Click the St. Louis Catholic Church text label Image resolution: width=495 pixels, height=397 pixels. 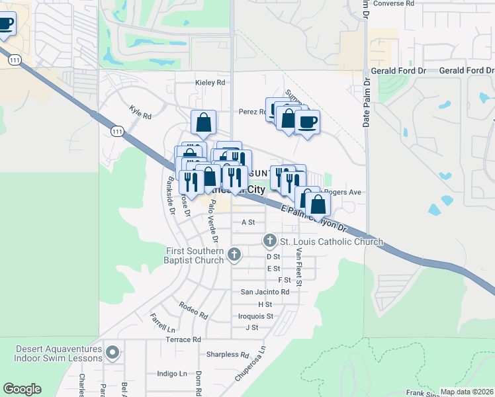tap(331, 242)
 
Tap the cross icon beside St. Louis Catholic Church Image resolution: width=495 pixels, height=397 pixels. tap(270, 240)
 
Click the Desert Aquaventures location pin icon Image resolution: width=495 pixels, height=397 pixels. tap(112, 353)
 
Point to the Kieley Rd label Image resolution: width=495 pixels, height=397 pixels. tap(210, 83)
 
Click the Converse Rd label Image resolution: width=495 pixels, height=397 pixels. tap(393, 3)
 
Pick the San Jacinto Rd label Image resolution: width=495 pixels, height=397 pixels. tap(265, 292)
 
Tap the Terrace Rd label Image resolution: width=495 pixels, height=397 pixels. tap(183, 339)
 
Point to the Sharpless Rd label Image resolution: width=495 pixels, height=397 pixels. tap(227, 355)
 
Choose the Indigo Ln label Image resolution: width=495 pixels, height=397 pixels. tap(171, 374)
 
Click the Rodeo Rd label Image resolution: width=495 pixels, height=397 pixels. tap(193, 306)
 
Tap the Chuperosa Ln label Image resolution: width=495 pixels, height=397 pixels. tap(250, 363)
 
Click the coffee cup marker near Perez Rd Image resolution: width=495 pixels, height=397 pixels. tap(306, 122)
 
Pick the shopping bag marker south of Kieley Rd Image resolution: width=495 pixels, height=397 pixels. tap(203, 122)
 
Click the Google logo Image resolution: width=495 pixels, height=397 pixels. tap(22, 389)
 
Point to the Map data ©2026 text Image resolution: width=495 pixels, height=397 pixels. tap(467, 392)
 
